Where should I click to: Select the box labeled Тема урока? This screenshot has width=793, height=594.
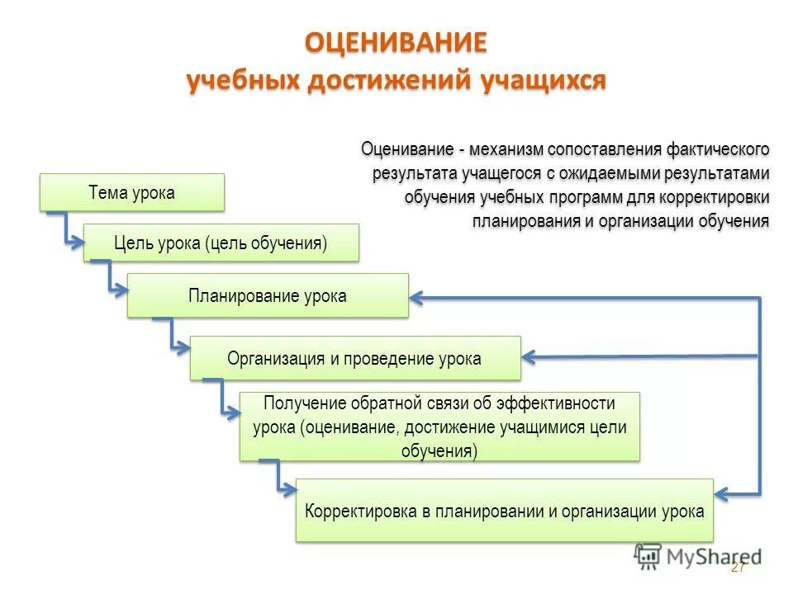[x=131, y=192]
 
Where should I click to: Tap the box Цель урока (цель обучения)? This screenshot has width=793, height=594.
[x=221, y=243]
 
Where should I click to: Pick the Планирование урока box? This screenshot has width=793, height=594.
[x=267, y=295]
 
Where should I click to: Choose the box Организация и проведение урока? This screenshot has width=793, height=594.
[x=354, y=358]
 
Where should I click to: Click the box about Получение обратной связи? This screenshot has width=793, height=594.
[x=439, y=427]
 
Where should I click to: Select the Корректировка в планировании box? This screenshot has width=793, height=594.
[x=504, y=510]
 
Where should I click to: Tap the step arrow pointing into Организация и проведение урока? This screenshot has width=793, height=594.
[x=174, y=339]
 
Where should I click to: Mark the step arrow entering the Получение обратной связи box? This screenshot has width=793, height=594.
[x=224, y=400]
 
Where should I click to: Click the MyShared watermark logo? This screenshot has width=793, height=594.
[x=697, y=556]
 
